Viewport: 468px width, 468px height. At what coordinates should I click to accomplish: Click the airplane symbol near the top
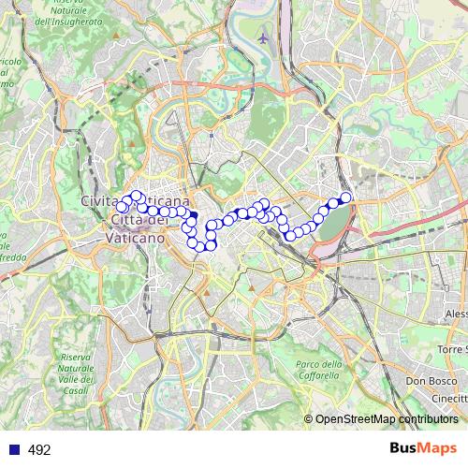(263, 39)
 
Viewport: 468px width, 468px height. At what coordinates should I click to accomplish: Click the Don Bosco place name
(430, 381)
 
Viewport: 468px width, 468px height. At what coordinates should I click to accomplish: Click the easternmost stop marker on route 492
(345, 197)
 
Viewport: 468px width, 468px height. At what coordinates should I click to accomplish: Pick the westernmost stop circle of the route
(121, 206)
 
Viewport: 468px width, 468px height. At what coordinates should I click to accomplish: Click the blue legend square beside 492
(14, 450)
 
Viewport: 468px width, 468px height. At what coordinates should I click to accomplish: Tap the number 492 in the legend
(39, 450)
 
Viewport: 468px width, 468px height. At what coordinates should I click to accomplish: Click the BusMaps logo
(421, 449)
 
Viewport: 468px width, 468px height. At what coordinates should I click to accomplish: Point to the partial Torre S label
(451, 349)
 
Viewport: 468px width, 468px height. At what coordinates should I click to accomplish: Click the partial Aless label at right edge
(455, 313)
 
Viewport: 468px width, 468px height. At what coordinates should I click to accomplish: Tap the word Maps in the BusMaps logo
(435, 449)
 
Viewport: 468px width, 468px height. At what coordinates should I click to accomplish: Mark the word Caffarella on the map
(319, 375)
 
